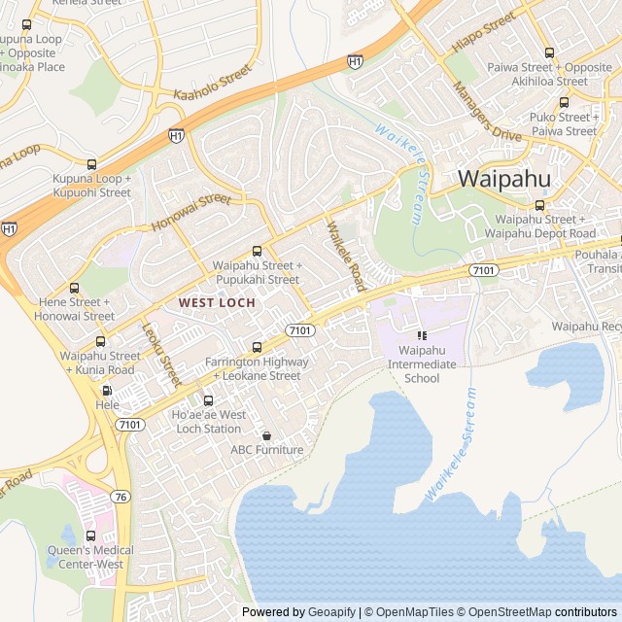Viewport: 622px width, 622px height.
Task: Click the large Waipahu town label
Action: pyautogui.click(x=503, y=179)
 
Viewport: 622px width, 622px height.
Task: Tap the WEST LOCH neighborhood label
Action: pyautogui.click(x=217, y=303)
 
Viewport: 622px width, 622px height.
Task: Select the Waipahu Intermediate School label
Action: pyautogui.click(x=421, y=363)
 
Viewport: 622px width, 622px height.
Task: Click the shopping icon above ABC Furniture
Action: pyautogui.click(x=266, y=435)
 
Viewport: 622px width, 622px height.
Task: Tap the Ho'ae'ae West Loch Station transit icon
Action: pyautogui.click(x=207, y=400)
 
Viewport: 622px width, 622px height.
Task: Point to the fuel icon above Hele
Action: pyautogui.click(x=106, y=391)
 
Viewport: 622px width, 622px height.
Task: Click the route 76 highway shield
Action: pyautogui.click(x=120, y=497)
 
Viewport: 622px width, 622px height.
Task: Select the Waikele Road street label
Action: pyautogui.click(x=345, y=257)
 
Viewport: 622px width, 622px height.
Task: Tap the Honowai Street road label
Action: pyautogui.click(x=191, y=214)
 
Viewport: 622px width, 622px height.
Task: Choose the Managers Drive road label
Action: pyautogui.click(x=486, y=112)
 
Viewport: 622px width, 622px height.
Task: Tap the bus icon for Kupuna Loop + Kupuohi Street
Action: pyautogui.click(x=92, y=164)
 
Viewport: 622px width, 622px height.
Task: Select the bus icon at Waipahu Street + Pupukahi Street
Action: pyautogui.click(x=257, y=251)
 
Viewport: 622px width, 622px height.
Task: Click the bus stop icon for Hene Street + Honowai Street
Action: pyautogui.click(x=75, y=288)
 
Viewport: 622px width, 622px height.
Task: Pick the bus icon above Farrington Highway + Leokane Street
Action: pyautogui.click(x=257, y=347)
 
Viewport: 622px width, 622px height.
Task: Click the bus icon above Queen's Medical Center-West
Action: pyautogui.click(x=90, y=536)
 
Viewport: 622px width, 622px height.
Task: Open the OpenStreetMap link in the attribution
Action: pyautogui.click(x=504, y=612)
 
